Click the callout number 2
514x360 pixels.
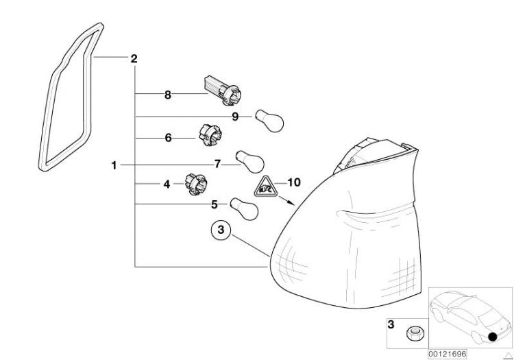click(x=134, y=59)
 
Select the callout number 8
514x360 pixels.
click(x=167, y=95)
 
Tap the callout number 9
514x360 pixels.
click(x=235, y=117)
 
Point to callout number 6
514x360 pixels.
click(x=168, y=138)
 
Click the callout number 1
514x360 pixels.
click(x=114, y=165)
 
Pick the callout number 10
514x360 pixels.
click(x=294, y=182)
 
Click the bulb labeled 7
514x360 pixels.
click(x=250, y=161)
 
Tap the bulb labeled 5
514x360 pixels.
click(x=244, y=209)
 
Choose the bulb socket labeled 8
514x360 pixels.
click(x=223, y=91)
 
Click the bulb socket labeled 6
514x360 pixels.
click(x=210, y=135)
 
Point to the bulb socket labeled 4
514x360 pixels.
click(x=196, y=184)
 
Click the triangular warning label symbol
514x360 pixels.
click(x=266, y=187)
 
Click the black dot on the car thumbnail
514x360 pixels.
click(x=492, y=337)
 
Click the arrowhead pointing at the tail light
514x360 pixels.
click(x=291, y=203)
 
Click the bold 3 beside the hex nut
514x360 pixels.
click(x=391, y=324)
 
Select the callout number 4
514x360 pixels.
click(x=167, y=184)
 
